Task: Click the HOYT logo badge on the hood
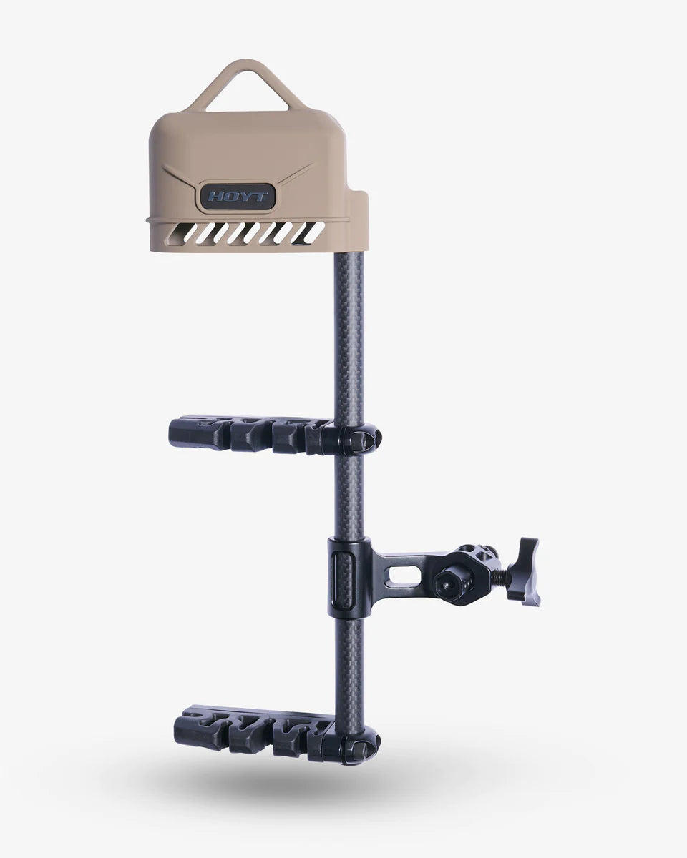pos(238,197)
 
